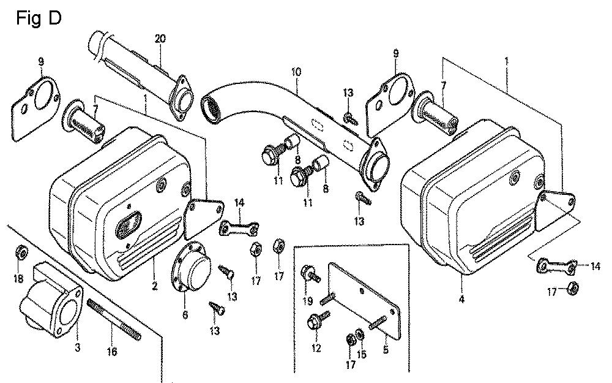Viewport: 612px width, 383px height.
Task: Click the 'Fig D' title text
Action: [x=38, y=18]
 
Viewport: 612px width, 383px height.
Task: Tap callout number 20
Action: [x=160, y=39]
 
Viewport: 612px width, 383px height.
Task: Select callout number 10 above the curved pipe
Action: [x=296, y=72]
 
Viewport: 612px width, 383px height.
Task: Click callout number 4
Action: [x=461, y=300]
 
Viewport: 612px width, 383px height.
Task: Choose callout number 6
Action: [x=185, y=315]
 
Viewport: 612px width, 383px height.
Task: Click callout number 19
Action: [x=308, y=301]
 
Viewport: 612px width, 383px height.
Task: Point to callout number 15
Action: [x=362, y=354]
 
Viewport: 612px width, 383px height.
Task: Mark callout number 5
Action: [x=386, y=351]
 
